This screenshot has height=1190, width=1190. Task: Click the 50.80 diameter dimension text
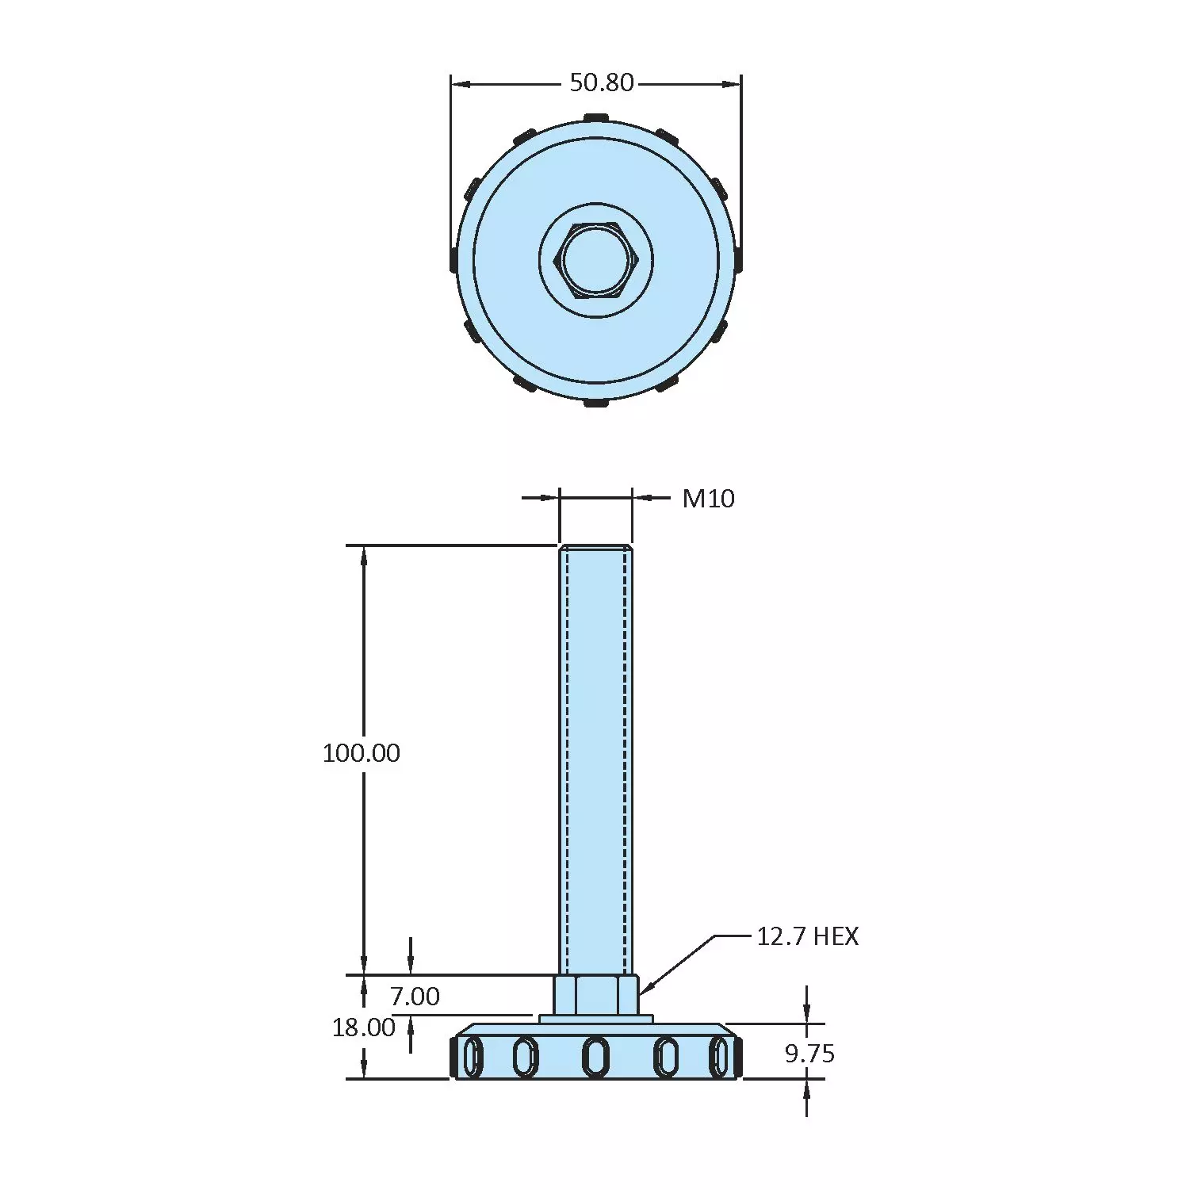[602, 82]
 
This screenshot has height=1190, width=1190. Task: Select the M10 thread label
[708, 499]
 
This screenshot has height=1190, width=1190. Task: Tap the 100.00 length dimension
[362, 752]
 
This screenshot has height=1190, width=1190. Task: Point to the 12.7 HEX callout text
[807, 936]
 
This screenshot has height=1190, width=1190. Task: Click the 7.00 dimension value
[415, 996]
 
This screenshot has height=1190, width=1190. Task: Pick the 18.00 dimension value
[363, 1027]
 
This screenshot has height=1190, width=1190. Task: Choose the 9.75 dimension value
[809, 1054]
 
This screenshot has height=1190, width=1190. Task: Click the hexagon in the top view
[596, 260]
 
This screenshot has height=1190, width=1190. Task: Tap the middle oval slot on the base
[595, 1057]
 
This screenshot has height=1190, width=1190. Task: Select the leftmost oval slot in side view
[473, 1058]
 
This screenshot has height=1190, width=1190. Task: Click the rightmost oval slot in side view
[719, 1058]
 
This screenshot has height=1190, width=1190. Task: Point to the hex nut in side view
[595, 994]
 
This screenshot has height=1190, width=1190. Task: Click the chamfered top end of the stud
[595, 548]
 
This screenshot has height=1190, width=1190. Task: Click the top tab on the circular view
[596, 118]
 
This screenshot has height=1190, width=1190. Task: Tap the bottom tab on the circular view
[596, 404]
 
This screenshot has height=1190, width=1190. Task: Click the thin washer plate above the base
[595, 1019]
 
